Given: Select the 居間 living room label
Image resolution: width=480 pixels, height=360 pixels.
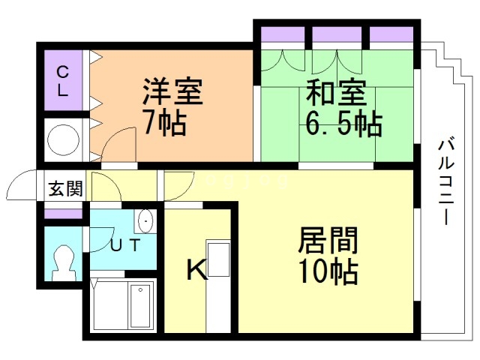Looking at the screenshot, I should pos(328,241).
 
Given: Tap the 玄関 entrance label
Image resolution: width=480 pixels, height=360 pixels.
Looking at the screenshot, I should pos(66,188).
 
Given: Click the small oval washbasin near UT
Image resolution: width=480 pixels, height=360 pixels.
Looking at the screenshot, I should pos(144,222).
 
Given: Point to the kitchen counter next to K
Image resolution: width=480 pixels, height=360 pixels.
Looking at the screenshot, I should pos(218,285).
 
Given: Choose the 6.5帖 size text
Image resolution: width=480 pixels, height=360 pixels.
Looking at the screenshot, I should pos(343,121).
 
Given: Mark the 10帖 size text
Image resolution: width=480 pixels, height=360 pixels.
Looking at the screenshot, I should pos(328,270).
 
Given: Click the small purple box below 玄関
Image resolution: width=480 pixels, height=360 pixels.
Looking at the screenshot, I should pos(63,214).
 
